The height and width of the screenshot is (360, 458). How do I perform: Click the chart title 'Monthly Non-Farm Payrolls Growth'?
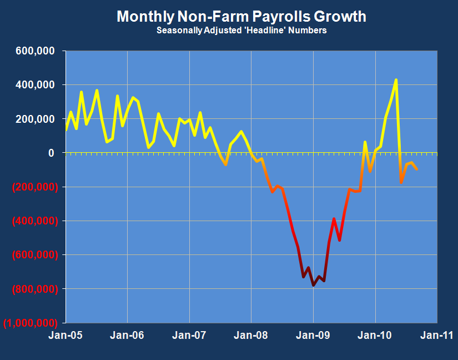pyautogui.click(x=241, y=17)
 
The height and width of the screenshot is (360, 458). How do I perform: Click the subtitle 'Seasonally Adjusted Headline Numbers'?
pyautogui.click(x=241, y=31)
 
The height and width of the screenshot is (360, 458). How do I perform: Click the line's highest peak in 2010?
pyautogui.click(x=396, y=80)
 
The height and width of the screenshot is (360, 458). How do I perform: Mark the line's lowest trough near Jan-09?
pyautogui.click(x=314, y=285)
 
